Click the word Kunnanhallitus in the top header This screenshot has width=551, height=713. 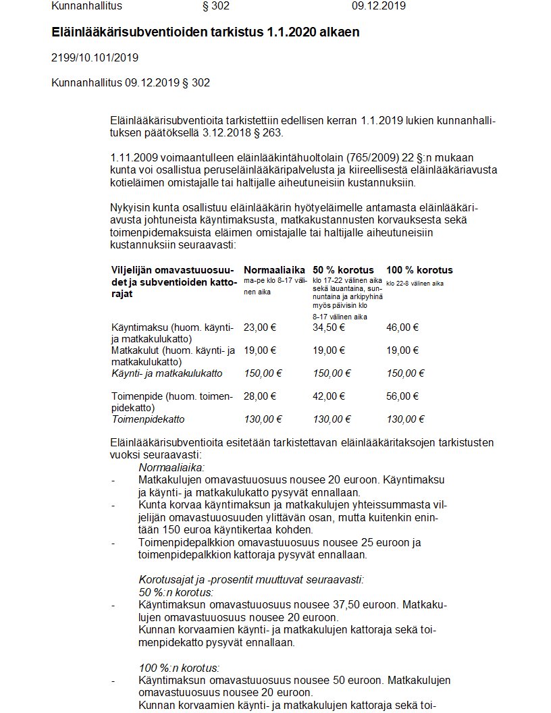[86, 7]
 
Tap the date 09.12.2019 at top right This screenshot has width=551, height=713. [379, 7]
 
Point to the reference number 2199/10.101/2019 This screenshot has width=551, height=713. [95, 57]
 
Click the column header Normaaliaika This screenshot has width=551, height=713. [274, 270]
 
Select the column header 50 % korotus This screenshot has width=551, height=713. [343, 270]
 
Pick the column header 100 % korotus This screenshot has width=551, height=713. [419, 270]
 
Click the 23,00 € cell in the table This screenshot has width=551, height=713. [260, 327]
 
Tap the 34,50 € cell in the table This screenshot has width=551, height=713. [329, 327]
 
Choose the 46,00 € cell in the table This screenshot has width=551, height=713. [402, 327]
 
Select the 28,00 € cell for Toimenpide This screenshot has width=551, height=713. [260, 396]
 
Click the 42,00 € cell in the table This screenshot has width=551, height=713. [329, 396]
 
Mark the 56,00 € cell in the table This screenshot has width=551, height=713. [402, 396]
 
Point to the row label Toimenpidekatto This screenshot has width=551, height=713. [148, 419]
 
